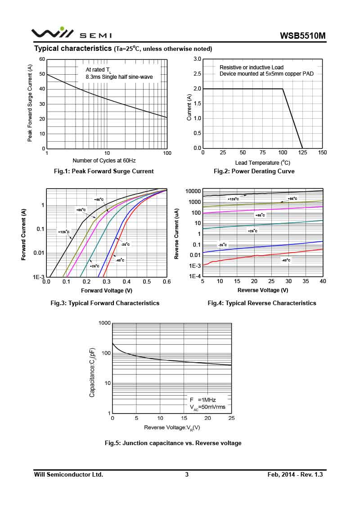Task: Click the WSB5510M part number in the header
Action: click(302, 36)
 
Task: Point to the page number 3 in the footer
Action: click(187, 474)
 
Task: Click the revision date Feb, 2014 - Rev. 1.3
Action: click(295, 474)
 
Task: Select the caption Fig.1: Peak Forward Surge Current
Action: click(103, 171)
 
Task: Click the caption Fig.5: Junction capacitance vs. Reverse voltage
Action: click(173, 443)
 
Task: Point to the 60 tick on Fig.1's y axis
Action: click(42, 59)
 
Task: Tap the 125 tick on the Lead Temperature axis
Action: click(302, 153)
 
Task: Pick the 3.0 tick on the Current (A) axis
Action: click(197, 59)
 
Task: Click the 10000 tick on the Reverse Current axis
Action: click(193, 191)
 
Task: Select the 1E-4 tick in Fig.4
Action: click(194, 276)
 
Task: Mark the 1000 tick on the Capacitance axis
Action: click(104, 323)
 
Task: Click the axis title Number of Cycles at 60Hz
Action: click(104, 160)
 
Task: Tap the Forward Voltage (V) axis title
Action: click(107, 290)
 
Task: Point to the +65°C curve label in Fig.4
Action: click(260, 215)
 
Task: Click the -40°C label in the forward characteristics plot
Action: click(120, 260)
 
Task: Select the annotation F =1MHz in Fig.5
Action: click(202, 400)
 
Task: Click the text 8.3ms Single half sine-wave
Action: click(119, 77)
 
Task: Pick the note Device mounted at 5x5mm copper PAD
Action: click(266, 73)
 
